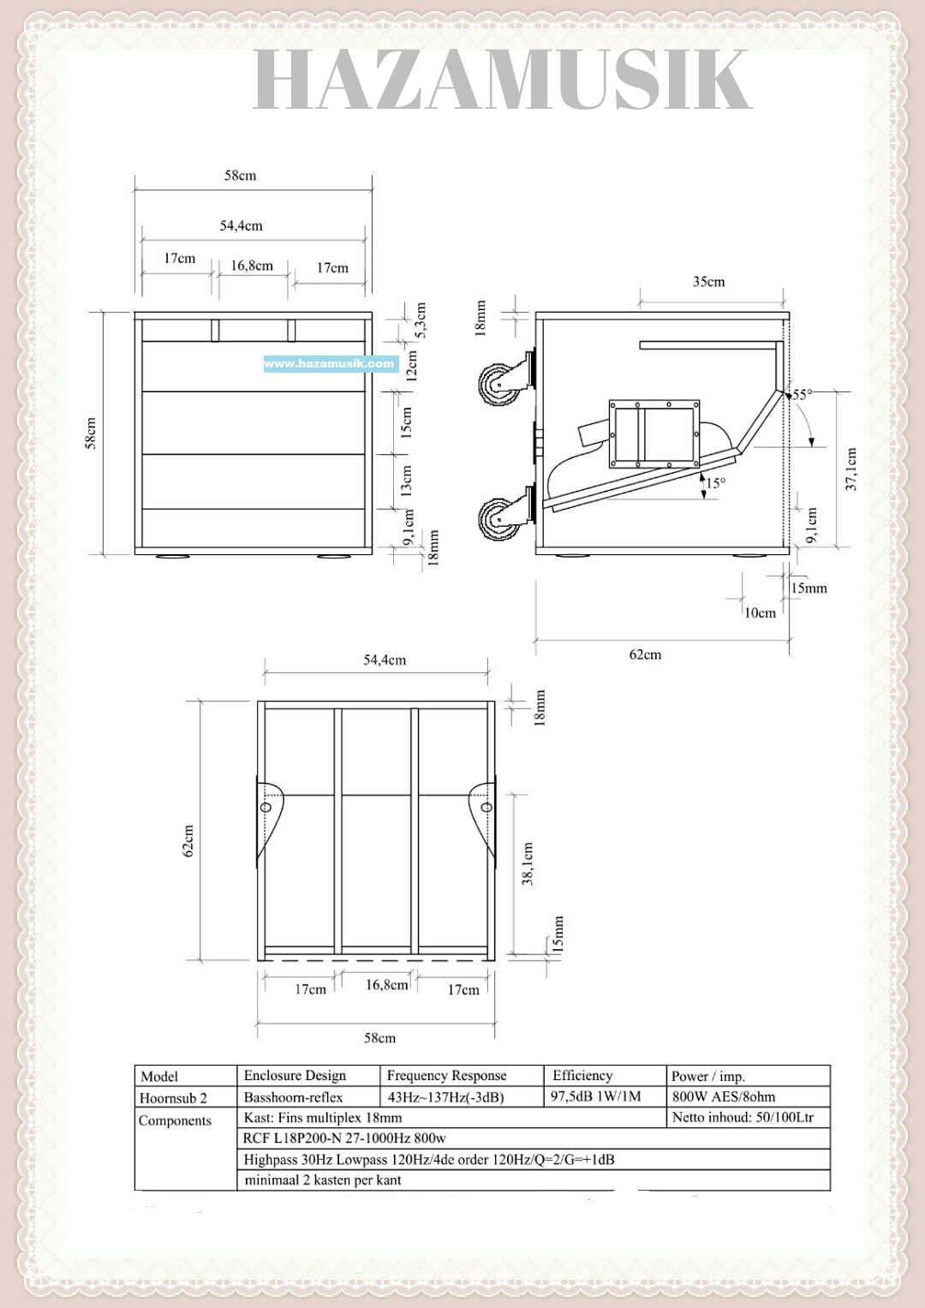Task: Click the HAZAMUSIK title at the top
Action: coord(502,80)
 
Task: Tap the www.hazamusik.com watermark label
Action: coord(330,363)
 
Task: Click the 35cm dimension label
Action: coord(708,282)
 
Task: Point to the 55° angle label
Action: coord(801,395)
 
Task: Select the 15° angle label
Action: coord(715,483)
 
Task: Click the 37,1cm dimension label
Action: coord(850,469)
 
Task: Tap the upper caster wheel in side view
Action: coord(498,383)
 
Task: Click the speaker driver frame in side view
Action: coord(654,434)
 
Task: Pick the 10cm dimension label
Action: coord(760,612)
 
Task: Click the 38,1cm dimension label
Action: coord(528,863)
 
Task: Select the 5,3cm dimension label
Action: coord(421,320)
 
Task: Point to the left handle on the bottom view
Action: coord(268,815)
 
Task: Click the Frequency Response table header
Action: coord(446,1076)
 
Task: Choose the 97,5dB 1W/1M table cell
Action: coord(595,1096)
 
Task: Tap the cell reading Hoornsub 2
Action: coord(174,1098)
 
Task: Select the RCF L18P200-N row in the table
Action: coord(344,1138)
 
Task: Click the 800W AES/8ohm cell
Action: coord(724,1096)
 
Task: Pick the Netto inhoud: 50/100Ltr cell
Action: coord(743,1117)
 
